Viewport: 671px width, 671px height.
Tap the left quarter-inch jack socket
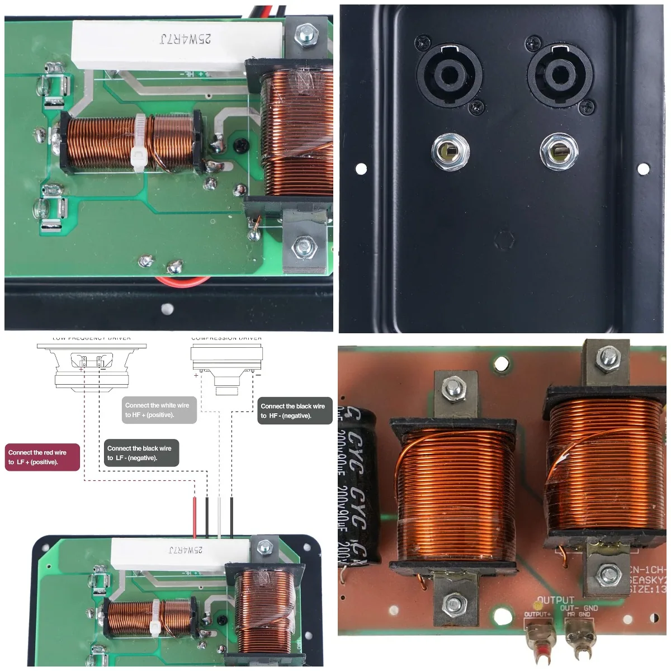(x=450, y=152)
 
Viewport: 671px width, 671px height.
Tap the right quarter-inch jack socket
(x=559, y=152)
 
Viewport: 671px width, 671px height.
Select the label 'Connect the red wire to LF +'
(x=42, y=457)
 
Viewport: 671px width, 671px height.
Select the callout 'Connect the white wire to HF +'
(x=159, y=410)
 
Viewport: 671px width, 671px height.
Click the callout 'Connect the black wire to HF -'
(x=295, y=411)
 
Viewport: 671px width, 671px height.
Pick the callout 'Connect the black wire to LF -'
(x=141, y=453)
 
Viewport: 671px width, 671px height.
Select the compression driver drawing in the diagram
(x=226, y=366)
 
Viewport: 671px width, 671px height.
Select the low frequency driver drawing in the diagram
(x=92, y=366)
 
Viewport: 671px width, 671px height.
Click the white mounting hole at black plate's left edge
(x=361, y=167)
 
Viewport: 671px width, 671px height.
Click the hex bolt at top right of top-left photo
(x=306, y=35)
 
